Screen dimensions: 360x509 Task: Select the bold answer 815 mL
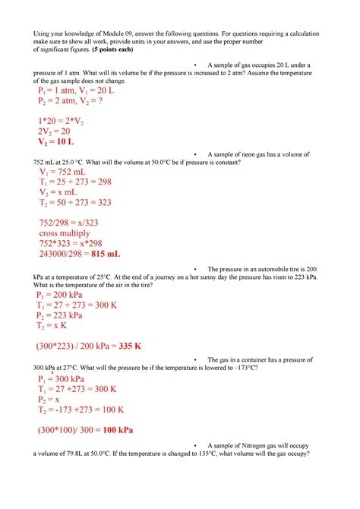click(106, 253)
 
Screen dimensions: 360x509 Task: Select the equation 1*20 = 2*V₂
click(64, 120)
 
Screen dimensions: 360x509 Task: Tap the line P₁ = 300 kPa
click(64, 378)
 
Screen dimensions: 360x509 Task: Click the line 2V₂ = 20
click(55, 131)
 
